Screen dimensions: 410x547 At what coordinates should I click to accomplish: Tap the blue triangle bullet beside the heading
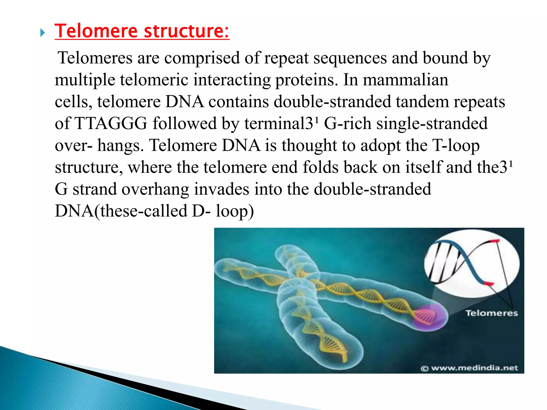42,33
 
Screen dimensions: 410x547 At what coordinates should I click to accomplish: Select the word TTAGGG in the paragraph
111,124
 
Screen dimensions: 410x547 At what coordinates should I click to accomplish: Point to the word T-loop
456,146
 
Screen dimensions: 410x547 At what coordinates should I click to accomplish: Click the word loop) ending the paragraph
235,211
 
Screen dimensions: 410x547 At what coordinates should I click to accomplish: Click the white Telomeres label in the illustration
491,313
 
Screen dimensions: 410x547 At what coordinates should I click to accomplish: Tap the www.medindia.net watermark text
474,368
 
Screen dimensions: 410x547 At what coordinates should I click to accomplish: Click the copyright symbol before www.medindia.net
424,369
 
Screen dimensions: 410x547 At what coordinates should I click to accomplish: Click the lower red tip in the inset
489,283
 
